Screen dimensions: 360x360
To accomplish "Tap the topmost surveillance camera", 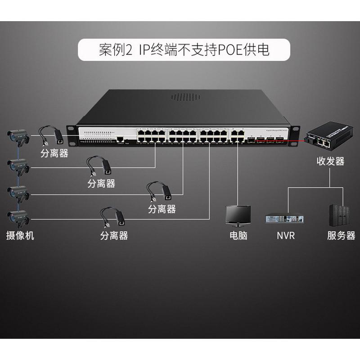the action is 18,136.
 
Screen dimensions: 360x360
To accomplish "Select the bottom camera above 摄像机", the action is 18,218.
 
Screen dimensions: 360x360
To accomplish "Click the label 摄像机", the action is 20,235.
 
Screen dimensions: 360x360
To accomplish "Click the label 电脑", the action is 238,235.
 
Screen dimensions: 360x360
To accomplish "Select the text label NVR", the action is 286,235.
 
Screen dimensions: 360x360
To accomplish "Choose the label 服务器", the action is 341,235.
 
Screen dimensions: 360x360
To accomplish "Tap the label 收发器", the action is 330,161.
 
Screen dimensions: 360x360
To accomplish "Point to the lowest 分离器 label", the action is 114,235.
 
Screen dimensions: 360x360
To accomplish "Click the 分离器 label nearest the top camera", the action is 54,153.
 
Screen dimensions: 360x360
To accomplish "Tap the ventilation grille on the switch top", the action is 184,97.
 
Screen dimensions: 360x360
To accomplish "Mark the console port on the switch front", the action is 120,140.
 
